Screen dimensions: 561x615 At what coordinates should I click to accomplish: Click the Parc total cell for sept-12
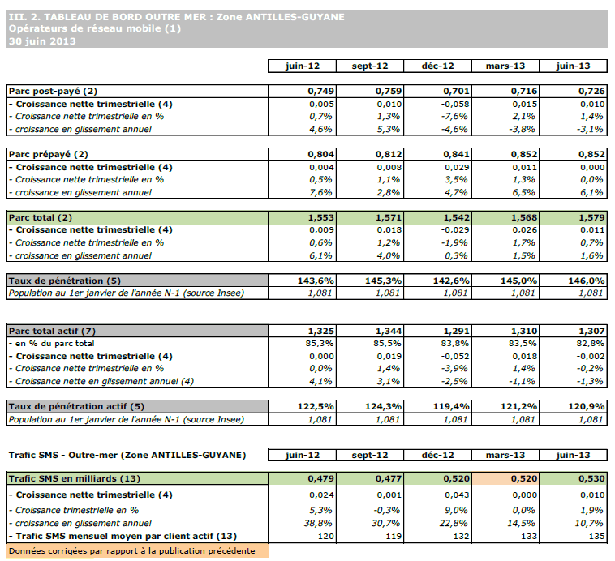[373, 217]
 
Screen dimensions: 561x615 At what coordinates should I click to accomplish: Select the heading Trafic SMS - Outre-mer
[126, 454]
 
